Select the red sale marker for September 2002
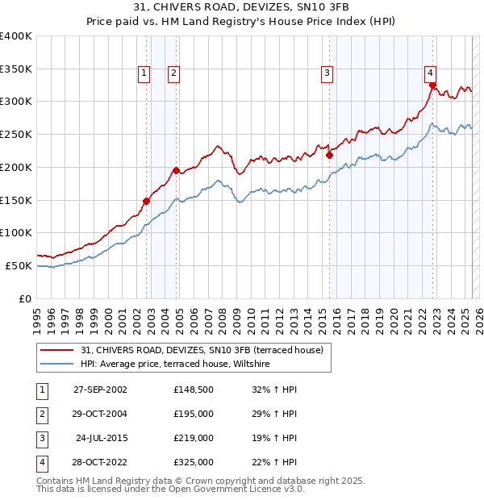click(147, 201)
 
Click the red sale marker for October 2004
click(177, 170)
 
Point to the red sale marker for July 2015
click(329, 155)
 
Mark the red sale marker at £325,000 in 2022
click(433, 85)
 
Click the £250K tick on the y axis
click(16, 134)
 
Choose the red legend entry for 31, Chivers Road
click(202, 350)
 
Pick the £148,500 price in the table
click(194, 389)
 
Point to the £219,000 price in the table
click(194, 438)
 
